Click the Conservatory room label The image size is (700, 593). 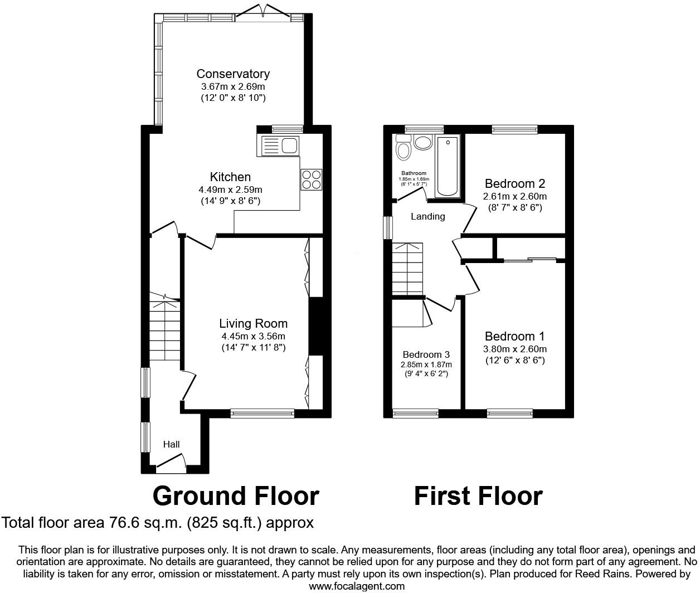click(233, 74)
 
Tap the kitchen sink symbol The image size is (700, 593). click(279, 146)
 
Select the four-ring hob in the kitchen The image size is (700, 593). click(311, 179)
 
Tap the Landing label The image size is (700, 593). click(428, 216)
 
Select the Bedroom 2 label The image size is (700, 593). click(514, 183)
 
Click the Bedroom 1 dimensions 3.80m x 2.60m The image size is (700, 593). click(514, 349)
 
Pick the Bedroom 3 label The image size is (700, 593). click(426, 354)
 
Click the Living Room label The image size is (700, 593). click(253, 323)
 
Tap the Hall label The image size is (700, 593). click(171, 444)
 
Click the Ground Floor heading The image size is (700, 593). click(236, 496)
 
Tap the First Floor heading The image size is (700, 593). click(478, 496)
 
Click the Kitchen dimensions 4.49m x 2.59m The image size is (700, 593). click(230, 189)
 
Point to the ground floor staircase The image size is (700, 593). click(164, 329)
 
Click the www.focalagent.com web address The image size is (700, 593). click(357, 586)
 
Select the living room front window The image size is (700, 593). click(262, 413)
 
